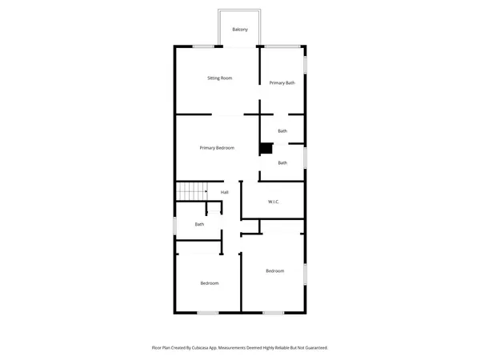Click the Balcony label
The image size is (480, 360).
coord(240,30)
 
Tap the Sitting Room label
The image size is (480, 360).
coord(219,78)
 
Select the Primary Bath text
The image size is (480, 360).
coord(282,83)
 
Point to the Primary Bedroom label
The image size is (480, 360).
coord(217,148)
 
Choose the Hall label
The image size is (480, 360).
coord(225,192)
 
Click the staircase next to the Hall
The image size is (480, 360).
coord(191,192)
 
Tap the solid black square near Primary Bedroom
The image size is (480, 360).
coord(266,148)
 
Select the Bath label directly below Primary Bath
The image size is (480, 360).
coord(282,131)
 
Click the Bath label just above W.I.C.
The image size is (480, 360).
coord(282,163)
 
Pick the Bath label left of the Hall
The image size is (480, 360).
coord(199,224)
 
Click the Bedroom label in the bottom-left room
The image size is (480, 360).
coord(210,283)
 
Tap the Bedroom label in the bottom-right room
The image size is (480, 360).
coord(274,271)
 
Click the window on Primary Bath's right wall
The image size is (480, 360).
coord(305,63)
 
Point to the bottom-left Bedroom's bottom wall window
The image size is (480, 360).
coord(208,312)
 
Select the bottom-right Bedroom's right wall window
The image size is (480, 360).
coord(305,274)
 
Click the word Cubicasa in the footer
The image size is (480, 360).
coord(210,348)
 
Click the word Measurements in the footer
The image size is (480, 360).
coord(242,348)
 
